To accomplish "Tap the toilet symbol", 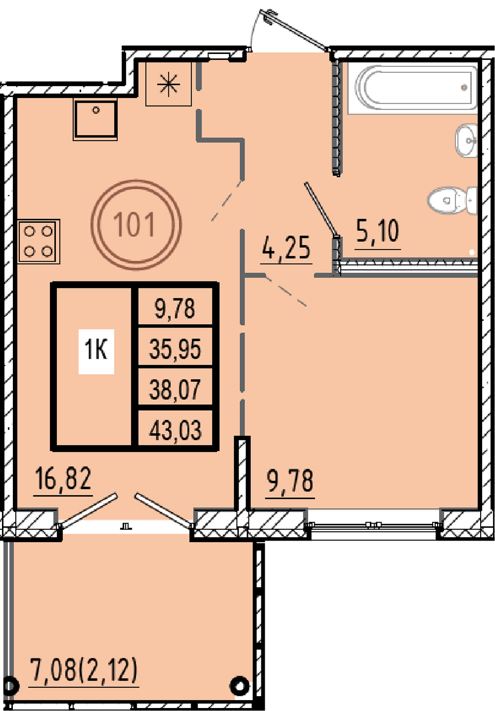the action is pos(452,200).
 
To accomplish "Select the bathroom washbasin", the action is pos(466,140).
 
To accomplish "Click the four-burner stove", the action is pos(39,242).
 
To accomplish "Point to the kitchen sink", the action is pos(95,119).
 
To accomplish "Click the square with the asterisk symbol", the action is pos(169,84).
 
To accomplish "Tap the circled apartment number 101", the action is pos(136,225).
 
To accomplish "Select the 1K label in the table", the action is pos(97,349).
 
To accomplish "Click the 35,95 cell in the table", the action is pos(175,348).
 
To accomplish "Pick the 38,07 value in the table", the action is pos(175,389).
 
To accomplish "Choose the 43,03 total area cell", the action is pos(175,430).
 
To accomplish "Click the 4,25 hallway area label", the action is pos(286,249).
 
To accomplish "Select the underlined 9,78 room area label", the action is pos(290,481).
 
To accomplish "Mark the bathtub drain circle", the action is pos(464,87).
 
